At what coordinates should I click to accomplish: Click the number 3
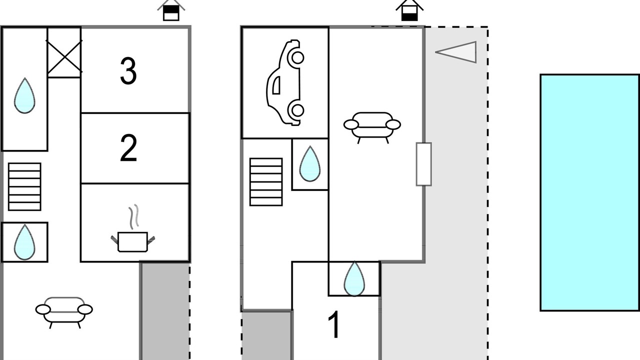128,71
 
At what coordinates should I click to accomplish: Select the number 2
128,148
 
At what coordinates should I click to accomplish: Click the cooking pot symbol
132,241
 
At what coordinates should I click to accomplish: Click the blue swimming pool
589,192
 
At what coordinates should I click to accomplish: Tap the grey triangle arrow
457,52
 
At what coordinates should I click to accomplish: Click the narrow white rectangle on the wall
423,164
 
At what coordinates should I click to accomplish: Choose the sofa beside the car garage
372,125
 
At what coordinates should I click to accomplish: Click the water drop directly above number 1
354,279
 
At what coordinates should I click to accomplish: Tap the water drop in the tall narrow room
24,96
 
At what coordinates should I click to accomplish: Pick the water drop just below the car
310,164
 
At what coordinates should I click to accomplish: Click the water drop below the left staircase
24,242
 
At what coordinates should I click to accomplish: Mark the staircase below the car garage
266,182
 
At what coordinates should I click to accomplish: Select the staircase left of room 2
24,186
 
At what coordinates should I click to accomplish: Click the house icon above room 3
171,10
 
